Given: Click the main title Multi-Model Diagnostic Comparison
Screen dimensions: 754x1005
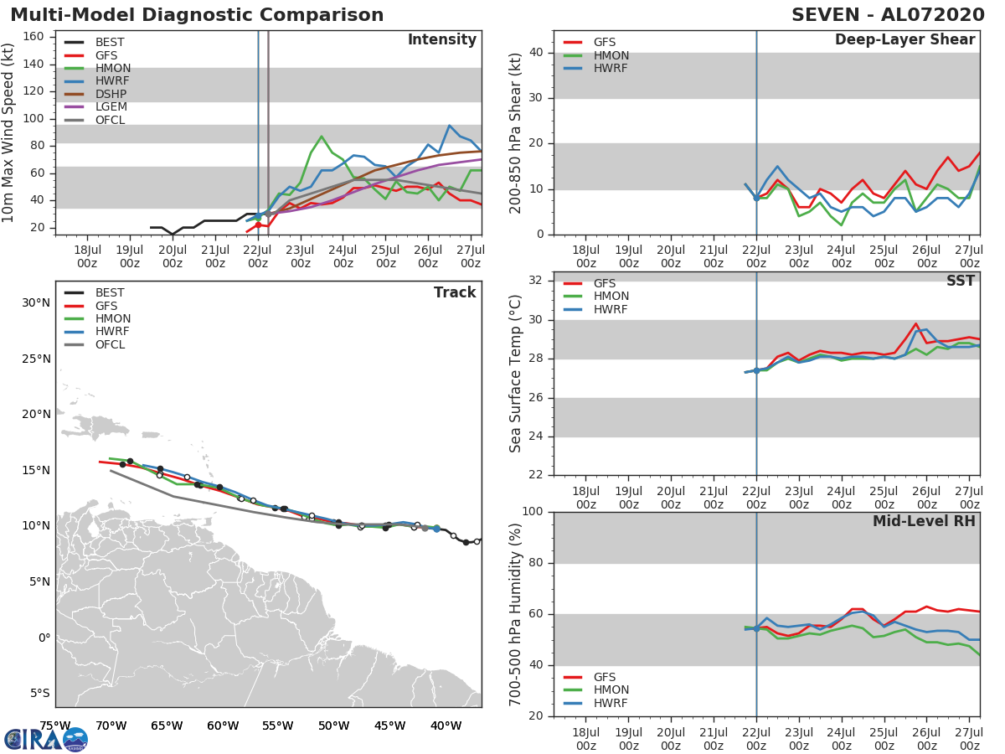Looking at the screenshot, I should pyautogui.click(x=197, y=15).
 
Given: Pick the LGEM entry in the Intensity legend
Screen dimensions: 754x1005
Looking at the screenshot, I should pyautogui.click(x=111, y=107).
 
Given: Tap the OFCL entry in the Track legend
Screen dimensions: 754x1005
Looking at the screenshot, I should pyautogui.click(x=110, y=345).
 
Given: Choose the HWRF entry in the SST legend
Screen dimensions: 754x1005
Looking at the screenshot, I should pyautogui.click(x=610, y=310).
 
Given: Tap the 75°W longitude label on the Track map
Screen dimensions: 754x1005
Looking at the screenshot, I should pyautogui.click(x=55, y=726).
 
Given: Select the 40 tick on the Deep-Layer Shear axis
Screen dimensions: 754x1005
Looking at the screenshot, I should pyautogui.click(x=537, y=53).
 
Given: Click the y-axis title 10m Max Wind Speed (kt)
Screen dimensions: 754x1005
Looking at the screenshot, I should pyautogui.click(x=9, y=132).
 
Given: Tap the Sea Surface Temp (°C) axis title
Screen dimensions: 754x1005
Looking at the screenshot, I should pyautogui.click(x=516, y=373).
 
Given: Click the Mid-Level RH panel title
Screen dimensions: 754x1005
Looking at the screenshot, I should pyautogui.click(x=924, y=521).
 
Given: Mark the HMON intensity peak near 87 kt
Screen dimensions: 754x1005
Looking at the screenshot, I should pyautogui.click(x=322, y=137).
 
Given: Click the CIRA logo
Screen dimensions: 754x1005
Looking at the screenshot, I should pyautogui.click(x=46, y=739).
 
